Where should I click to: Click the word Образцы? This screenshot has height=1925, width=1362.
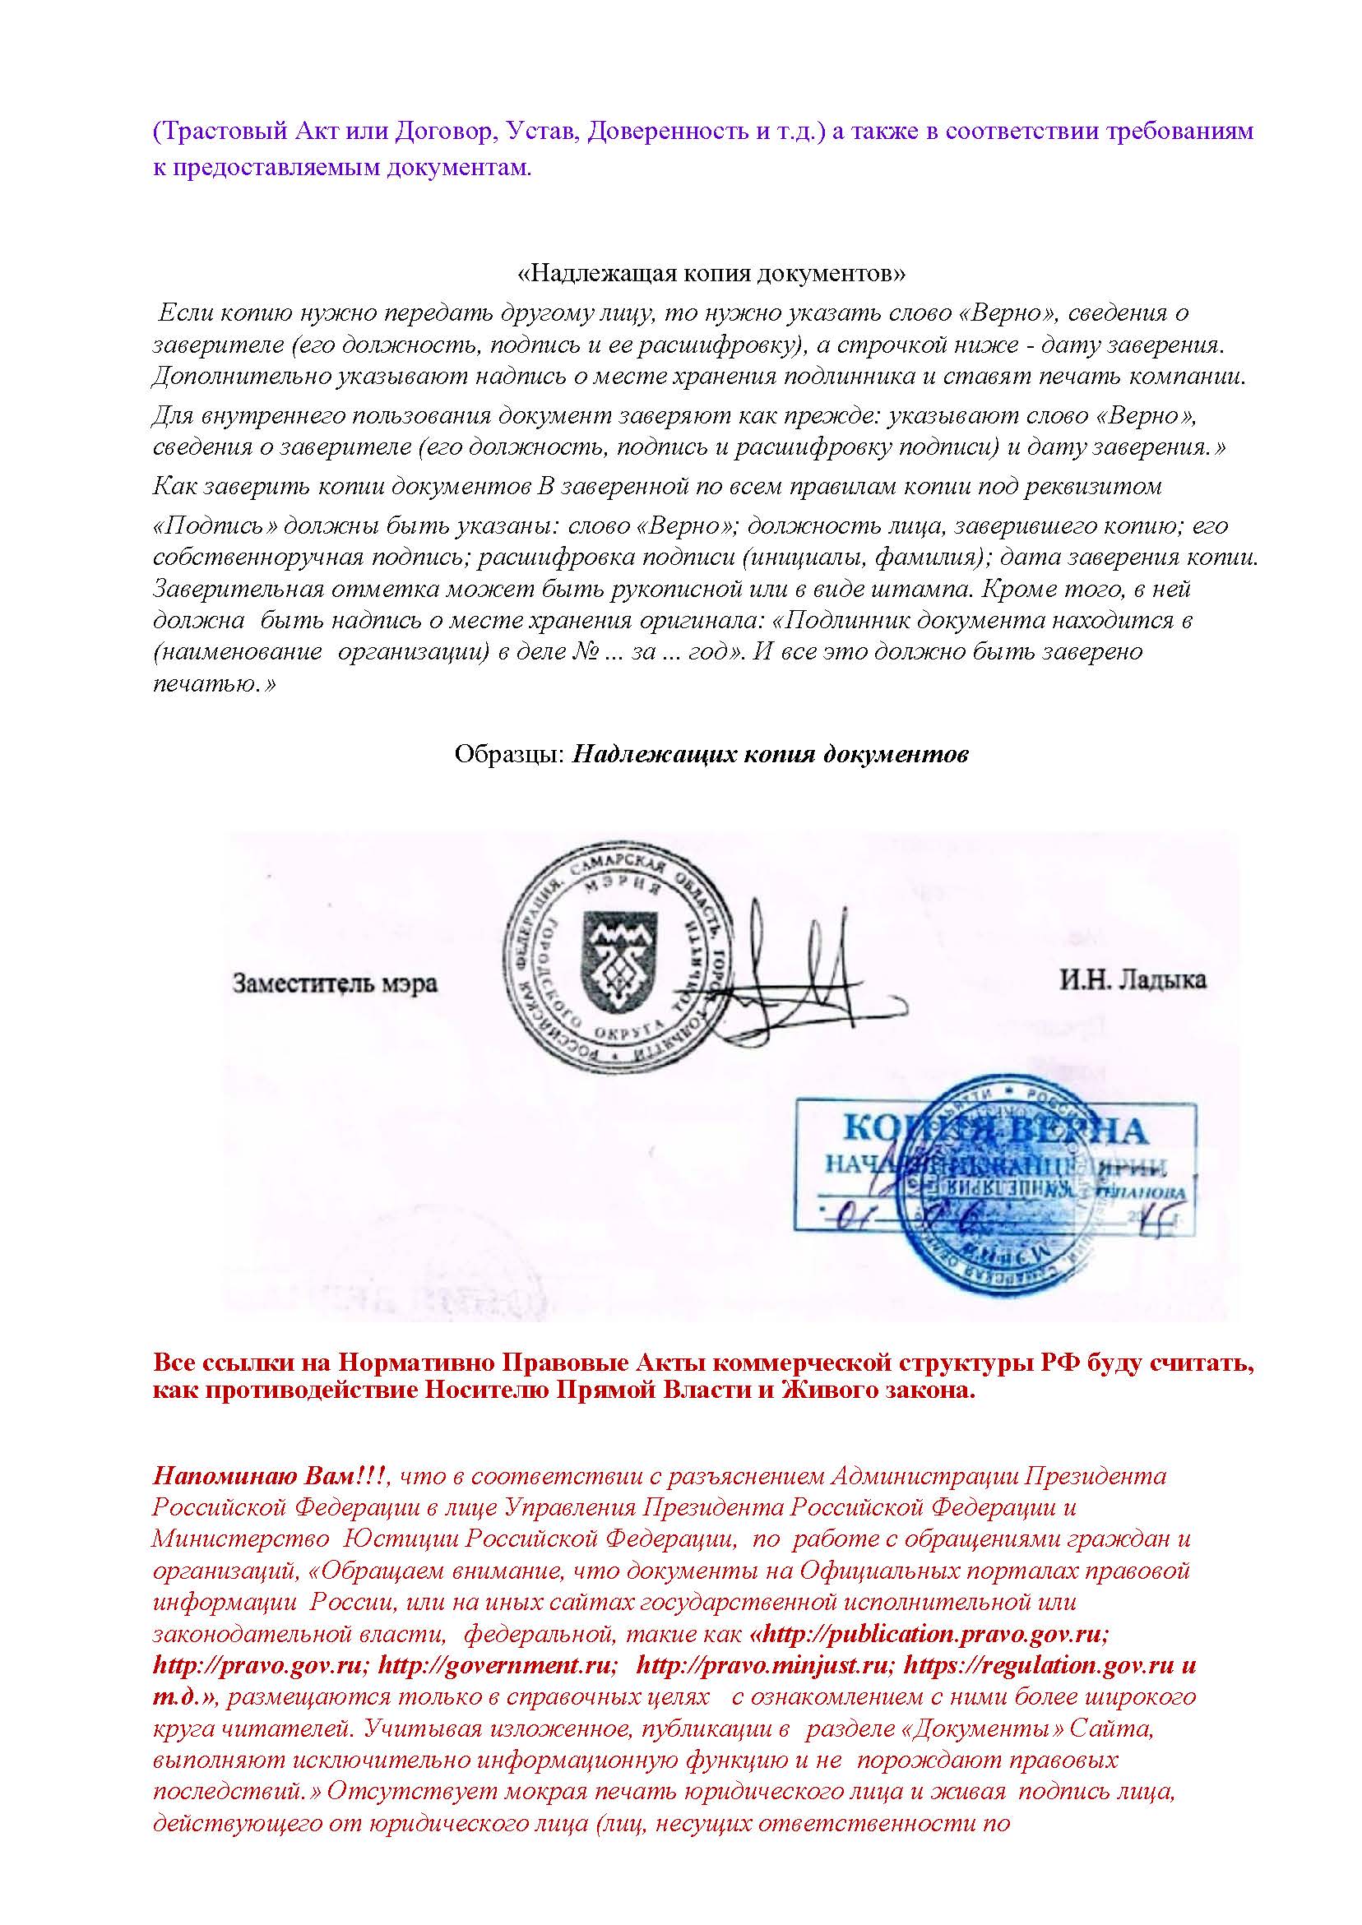click(508, 755)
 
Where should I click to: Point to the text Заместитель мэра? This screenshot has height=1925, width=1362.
click(335, 983)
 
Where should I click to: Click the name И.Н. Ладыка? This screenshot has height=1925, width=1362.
click(1133, 980)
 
